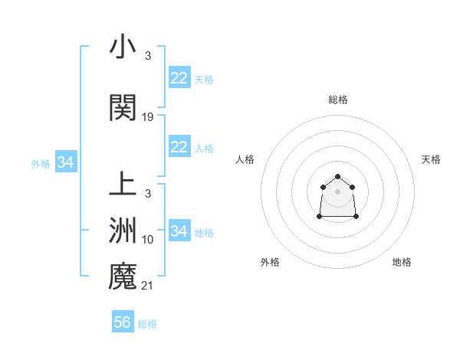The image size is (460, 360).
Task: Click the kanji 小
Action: [x=123, y=47]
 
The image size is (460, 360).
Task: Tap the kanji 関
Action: [x=123, y=109]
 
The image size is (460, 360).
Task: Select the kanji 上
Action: [x=123, y=185]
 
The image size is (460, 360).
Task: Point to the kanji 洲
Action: [x=123, y=231]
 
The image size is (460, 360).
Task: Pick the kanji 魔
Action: [x=123, y=277]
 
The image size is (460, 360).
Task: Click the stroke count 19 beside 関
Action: [x=148, y=117]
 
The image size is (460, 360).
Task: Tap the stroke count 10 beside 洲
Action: [x=148, y=240]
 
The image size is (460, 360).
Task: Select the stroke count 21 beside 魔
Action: [x=148, y=286]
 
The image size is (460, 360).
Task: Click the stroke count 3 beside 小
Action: [x=148, y=56]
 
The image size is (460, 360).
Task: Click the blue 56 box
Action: [x=122, y=322]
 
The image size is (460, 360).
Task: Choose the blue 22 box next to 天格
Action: [x=179, y=78]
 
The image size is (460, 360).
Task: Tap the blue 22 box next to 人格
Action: [x=179, y=147]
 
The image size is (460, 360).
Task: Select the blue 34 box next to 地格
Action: [x=179, y=231]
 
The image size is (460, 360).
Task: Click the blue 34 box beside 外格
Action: [x=65, y=162]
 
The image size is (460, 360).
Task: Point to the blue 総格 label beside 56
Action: [x=147, y=324]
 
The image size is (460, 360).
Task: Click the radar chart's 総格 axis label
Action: [x=337, y=100]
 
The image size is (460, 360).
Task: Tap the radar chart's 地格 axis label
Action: [x=402, y=262]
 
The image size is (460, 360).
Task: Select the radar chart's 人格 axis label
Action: [x=245, y=159]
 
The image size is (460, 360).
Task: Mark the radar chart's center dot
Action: [x=337, y=191]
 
